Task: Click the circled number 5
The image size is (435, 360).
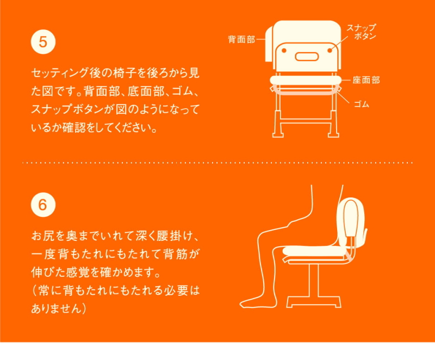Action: [43, 42]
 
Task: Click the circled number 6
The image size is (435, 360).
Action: [43, 204]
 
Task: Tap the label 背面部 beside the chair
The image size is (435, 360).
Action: [241, 39]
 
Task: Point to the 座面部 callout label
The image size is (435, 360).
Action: [366, 80]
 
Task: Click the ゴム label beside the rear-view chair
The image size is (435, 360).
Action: [362, 104]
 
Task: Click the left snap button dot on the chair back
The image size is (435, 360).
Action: [284, 51]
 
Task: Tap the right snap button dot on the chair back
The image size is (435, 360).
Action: [330, 51]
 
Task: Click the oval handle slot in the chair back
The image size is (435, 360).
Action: [307, 57]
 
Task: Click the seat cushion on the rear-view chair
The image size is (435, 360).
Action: [306, 80]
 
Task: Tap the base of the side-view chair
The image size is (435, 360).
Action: [314, 302]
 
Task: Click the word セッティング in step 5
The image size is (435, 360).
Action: [60, 73]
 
